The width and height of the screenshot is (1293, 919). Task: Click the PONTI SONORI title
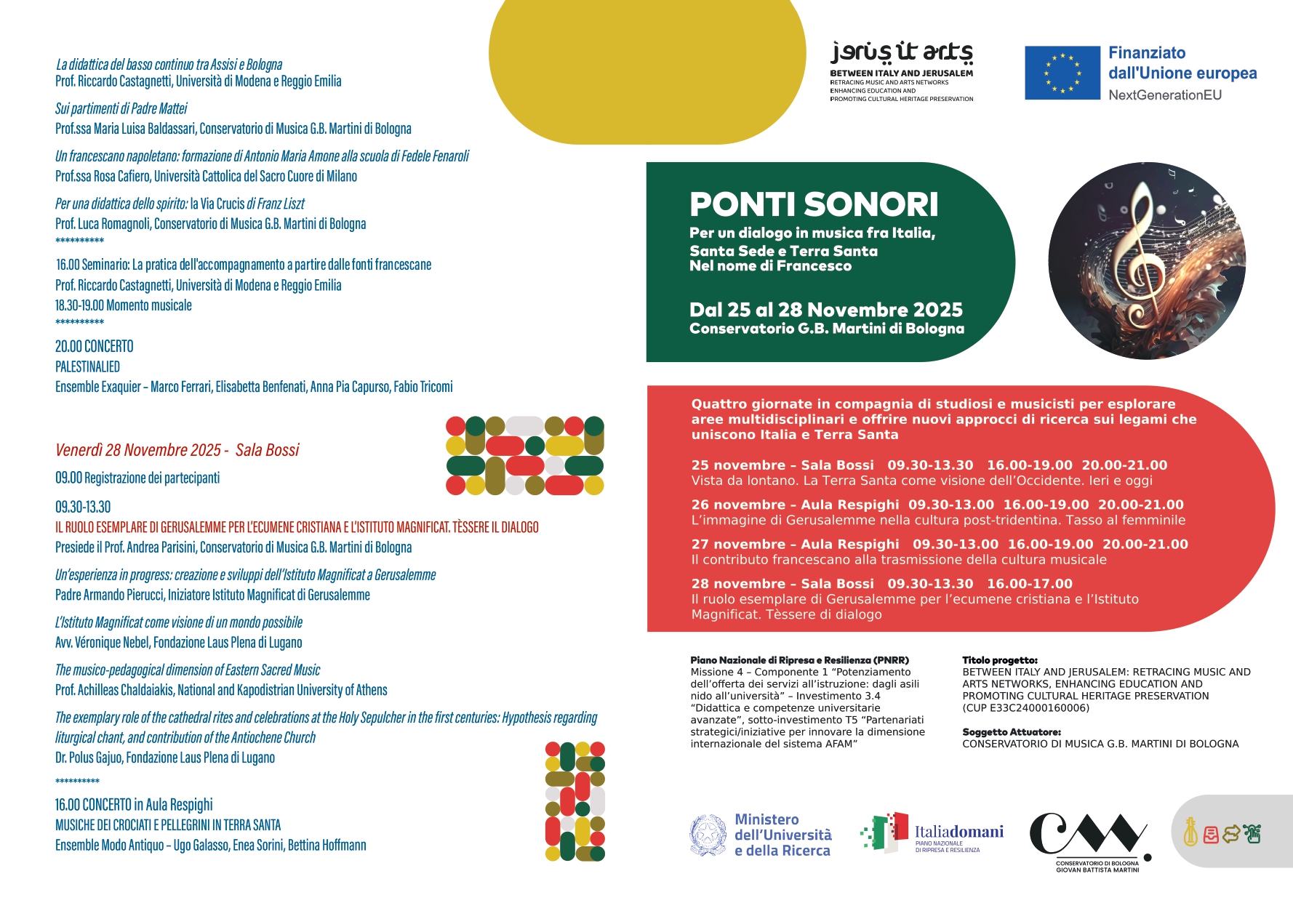click(x=814, y=205)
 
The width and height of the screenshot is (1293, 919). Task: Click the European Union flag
click(x=1062, y=73)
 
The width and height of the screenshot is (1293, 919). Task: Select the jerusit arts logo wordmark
click(x=902, y=52)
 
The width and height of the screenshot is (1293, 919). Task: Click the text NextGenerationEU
click(x=1164, y=95)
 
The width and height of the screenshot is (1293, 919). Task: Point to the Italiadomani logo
click(x=932, y=833)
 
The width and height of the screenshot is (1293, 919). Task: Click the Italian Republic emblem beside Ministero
click(x=708, y=835)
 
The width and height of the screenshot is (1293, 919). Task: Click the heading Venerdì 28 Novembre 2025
click(x=177, y=450)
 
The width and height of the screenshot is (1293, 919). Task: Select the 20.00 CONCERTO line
click(x=95, y=347)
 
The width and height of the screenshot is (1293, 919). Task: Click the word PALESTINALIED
click(x=88, y=367)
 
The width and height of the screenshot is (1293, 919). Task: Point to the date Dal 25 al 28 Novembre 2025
click(x=825, y=310)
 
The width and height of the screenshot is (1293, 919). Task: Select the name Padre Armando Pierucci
click(x=110, y=595)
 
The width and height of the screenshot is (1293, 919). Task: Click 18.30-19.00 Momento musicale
click(x=124, y=306)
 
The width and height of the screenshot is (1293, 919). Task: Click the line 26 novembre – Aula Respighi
click(x=796, y=505)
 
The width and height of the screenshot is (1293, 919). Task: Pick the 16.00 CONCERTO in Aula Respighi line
click(x=134, y=805)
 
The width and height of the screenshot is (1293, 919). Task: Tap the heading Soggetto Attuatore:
click(x=1011, y=732)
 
